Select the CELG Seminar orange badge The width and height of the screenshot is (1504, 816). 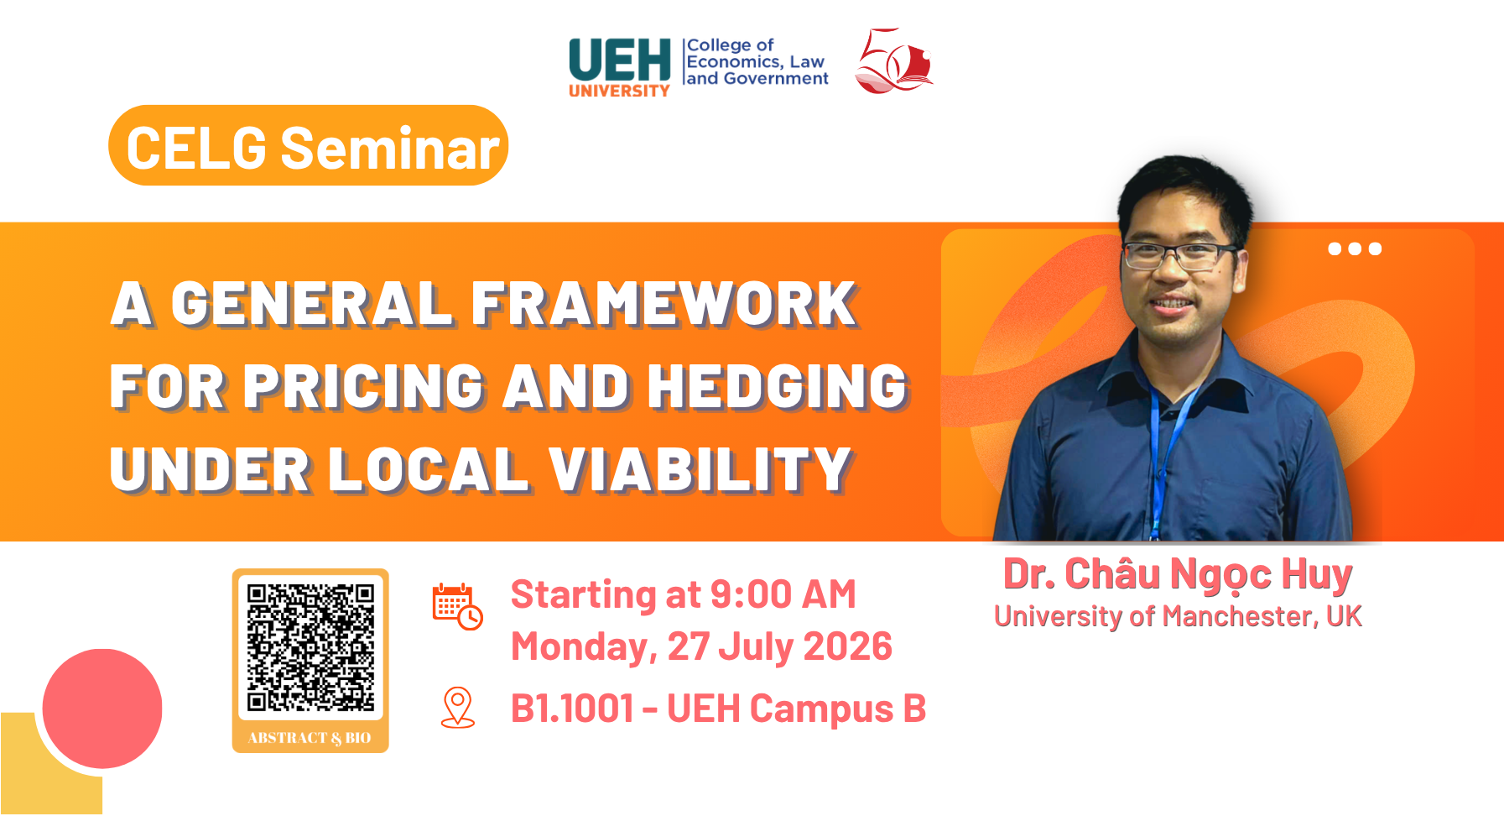tap(309, 145)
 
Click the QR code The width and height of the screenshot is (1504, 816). tap(310, 647)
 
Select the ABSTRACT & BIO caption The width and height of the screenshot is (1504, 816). tap(310, 738)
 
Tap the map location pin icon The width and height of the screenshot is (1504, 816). tap(458, 708)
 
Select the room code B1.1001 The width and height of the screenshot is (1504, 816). tap(572, 709)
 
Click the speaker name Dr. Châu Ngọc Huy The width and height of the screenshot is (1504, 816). tap(1178, 575)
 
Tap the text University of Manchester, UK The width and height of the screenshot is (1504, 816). tap(1178, 616)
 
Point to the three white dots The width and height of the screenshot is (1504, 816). tap(1355, 248)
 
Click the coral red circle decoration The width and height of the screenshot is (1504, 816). tap(102, 709)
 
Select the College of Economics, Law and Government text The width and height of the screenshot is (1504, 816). tap(757, 62)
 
